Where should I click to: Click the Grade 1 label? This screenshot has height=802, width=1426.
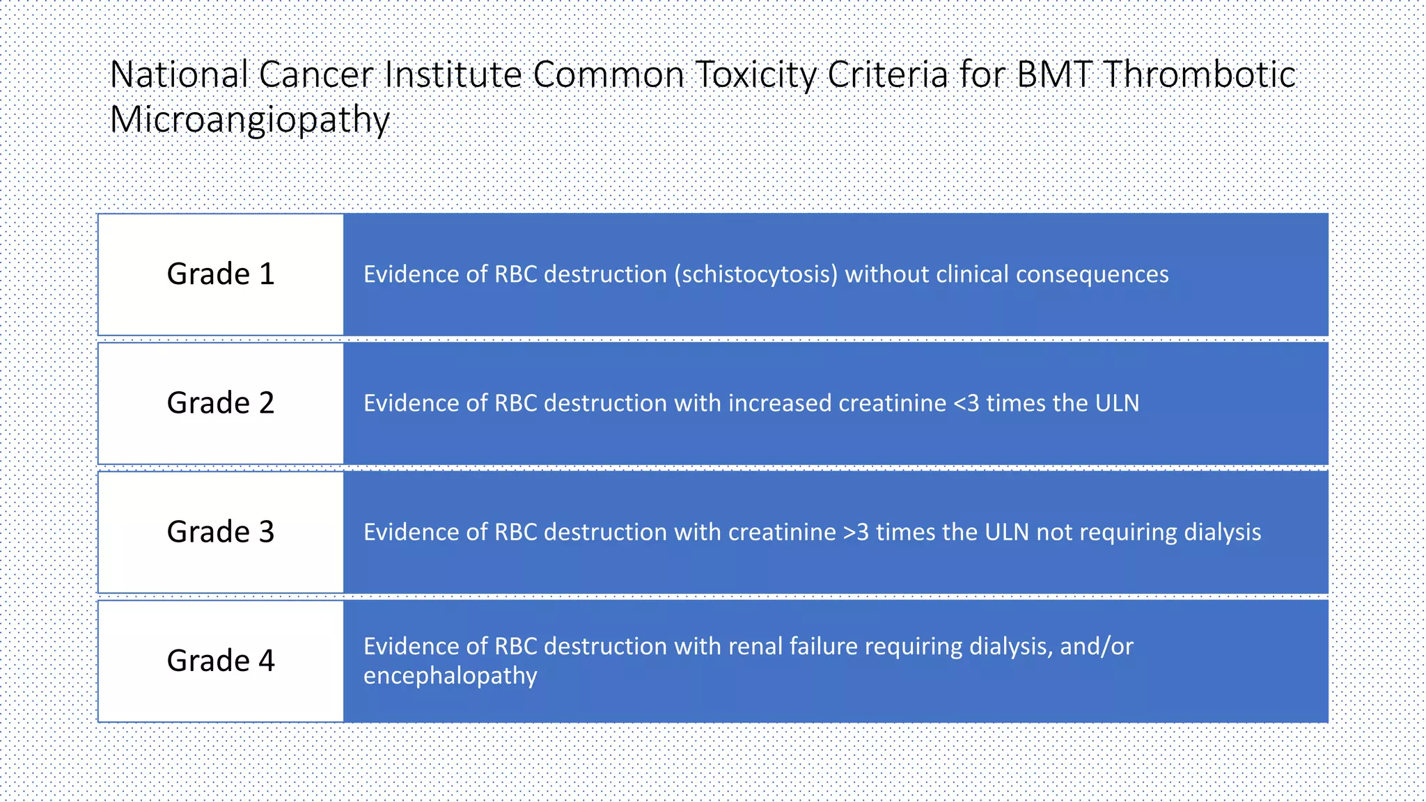[x=221, y=274]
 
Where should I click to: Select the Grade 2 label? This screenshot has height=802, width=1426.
[x=221, y=403]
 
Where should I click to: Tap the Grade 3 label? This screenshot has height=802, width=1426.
[x=221, y=532]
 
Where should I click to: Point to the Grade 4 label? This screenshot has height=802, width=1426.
[x=221, y=661]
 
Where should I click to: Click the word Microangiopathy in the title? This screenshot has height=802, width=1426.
[x=249, y=120]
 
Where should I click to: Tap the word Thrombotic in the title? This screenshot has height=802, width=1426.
[x=1199, y=74]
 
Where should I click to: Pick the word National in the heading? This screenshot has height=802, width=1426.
[x=180, y=74]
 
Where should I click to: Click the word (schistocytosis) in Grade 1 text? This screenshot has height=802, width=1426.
[x=755, y=275]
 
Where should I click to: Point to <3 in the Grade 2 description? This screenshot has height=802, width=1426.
[x=966, y=403]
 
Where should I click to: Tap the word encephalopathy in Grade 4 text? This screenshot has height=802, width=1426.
[x=450, y=676]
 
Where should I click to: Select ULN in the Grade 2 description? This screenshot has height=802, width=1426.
[x=1117, y=403]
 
